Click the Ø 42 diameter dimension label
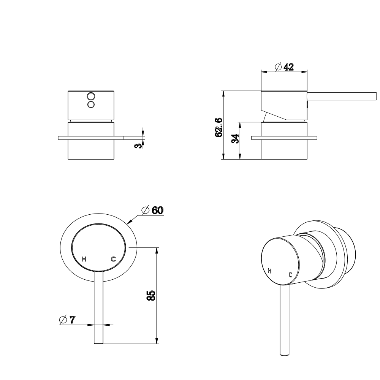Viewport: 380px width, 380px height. [283, 67]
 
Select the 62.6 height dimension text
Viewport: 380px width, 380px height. [218, 127]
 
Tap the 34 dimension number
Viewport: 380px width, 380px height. [235, 139]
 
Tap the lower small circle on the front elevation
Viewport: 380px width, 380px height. [91, 104]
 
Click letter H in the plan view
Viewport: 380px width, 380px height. [85, 259]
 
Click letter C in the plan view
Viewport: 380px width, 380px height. [113, 259]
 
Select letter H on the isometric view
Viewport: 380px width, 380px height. [270, 271]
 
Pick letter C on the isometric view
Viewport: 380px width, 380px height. [291, 274]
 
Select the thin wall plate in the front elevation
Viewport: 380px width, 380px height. [91, 137]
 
